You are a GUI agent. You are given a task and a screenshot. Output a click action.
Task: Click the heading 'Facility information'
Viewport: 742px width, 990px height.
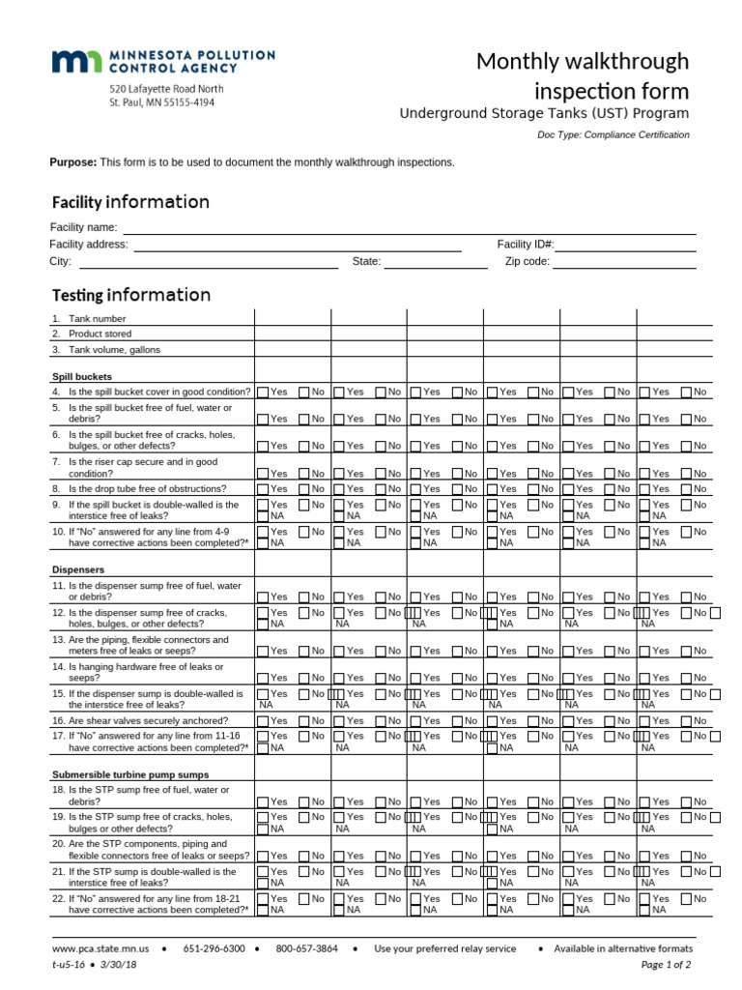(129, 202)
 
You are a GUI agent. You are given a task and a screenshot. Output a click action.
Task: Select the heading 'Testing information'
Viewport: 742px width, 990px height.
(130, 295)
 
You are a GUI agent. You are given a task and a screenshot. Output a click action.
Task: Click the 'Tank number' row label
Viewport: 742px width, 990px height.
(96, 318)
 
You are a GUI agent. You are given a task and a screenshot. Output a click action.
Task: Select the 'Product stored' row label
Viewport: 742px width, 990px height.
(99, 334)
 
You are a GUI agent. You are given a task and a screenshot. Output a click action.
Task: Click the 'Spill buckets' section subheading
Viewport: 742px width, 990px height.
(82, 376)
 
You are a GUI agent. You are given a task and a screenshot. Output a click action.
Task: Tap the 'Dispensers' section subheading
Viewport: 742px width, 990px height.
(78, 570)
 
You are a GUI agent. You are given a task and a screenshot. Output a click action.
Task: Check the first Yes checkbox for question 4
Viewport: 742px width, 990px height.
(263, 393)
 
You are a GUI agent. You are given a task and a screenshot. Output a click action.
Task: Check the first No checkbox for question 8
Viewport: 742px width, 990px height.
(304, 489)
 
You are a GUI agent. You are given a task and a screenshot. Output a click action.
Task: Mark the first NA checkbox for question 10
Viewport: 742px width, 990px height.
(263, 543)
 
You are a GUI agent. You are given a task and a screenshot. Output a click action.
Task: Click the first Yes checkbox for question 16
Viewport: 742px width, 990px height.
(263, 721)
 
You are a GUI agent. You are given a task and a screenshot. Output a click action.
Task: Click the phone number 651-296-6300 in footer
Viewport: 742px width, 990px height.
(214, 948)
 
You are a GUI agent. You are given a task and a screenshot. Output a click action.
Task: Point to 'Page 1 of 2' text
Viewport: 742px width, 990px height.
(666, 965)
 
